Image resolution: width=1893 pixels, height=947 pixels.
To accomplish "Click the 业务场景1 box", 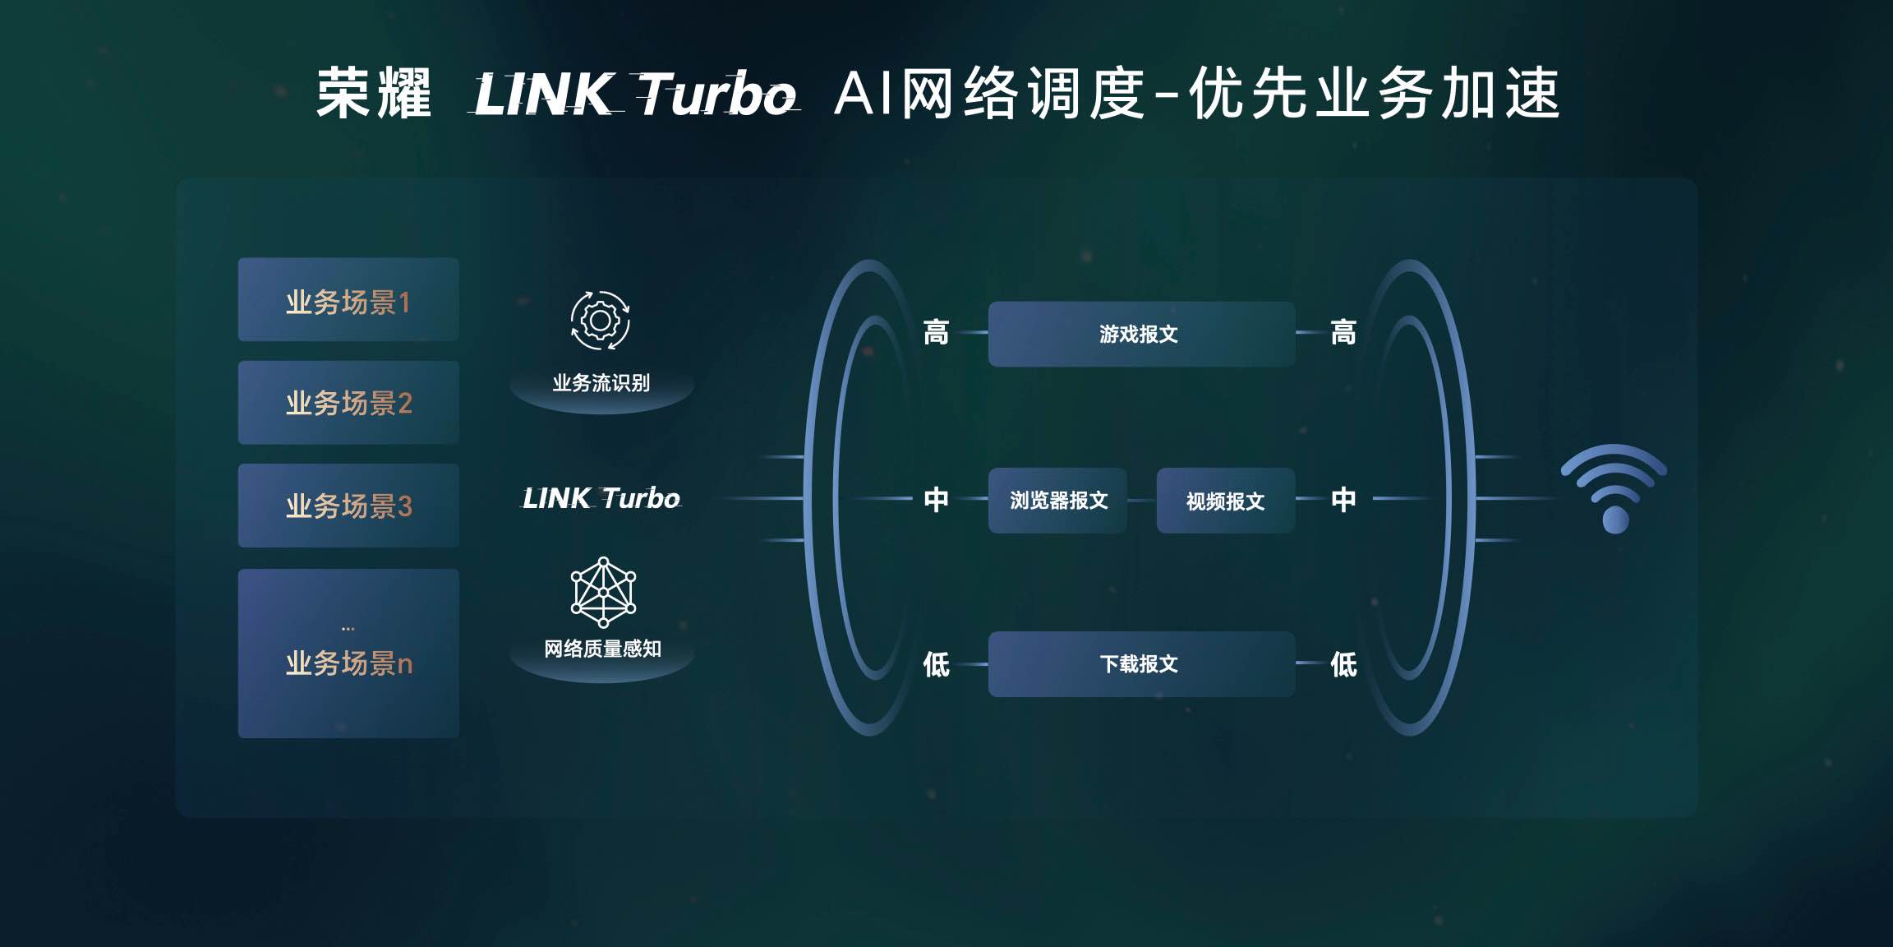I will pos(348,300).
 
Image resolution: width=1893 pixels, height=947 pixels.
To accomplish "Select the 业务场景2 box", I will pos(348,403).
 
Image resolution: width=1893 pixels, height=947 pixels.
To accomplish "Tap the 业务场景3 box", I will pos(348,506).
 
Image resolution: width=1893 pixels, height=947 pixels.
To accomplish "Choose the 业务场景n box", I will pos(348,654).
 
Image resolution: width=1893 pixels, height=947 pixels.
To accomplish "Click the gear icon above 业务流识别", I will pos(601,321).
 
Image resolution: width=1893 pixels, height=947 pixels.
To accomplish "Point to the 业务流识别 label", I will pos(601,383).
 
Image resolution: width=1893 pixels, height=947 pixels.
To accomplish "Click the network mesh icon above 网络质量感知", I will pos(603,592).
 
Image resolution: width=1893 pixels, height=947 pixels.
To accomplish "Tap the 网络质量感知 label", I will pos(602,649).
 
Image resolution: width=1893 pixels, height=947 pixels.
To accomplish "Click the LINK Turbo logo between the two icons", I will pos(601,498).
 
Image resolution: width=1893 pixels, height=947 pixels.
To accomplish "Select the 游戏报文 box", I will pos(1141,334).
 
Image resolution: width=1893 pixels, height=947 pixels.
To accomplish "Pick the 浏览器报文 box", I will pos(1057,501).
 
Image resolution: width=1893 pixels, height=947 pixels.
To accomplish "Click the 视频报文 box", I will pos(1225,501).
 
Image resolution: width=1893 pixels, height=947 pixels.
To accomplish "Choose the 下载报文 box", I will pos(1141,664).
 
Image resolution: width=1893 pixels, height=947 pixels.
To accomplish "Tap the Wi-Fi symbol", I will pos(1614,489).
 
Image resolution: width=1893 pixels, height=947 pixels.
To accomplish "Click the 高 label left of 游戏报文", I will pos(936,333).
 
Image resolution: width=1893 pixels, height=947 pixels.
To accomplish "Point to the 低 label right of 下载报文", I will pos(1343,664).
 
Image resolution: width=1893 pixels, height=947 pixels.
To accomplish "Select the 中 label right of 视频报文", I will pos(1343,499).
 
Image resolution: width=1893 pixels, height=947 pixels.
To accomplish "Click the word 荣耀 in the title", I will pos(374,94).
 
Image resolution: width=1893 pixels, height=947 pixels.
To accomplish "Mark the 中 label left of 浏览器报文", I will pos(936,499).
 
